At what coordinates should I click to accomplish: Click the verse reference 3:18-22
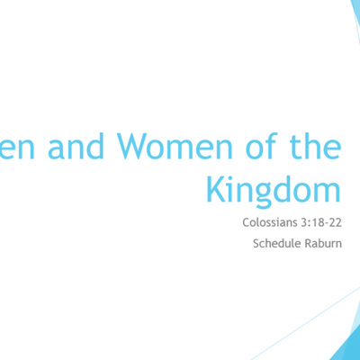(x=321, y=220)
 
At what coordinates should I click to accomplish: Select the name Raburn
(x=325, y=242)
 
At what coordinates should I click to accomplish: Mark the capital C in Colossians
(x=246, y=220)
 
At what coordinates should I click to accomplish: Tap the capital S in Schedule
(x=258, y=242)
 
